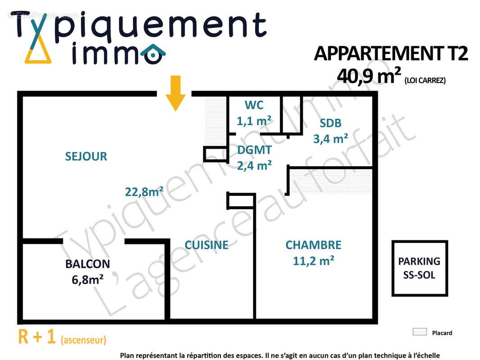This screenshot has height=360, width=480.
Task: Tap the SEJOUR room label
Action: tap(86, 157)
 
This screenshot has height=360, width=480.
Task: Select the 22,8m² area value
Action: tap(144, 192)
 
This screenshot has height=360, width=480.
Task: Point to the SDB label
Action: tap(331, 123)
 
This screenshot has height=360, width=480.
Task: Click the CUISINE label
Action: tap(206, 245)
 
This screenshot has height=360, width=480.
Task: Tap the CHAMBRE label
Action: tap(314, 245)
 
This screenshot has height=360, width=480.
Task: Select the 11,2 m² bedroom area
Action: tap(314, 261)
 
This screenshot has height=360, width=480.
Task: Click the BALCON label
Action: tap(88, 264)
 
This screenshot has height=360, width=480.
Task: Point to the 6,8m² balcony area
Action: tap(88, 279)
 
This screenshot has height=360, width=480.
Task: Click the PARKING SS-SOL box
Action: tap(419, 268)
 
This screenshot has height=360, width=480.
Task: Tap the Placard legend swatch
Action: tap(419, 332)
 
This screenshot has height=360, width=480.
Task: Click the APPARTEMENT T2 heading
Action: tap(391, 54)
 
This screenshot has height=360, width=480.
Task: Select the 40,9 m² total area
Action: tap(369, 76)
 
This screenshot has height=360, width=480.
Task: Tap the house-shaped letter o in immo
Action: tap(153, 54)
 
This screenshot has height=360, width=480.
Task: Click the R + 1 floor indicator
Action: tap(37, 337)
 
